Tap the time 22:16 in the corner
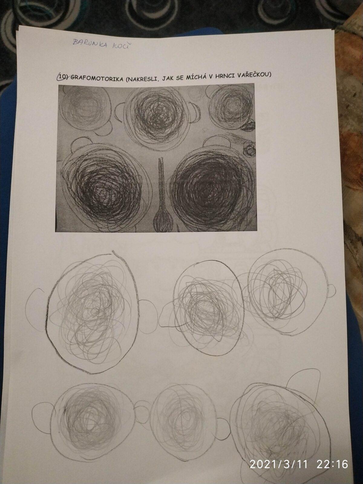tap(332, 472)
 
